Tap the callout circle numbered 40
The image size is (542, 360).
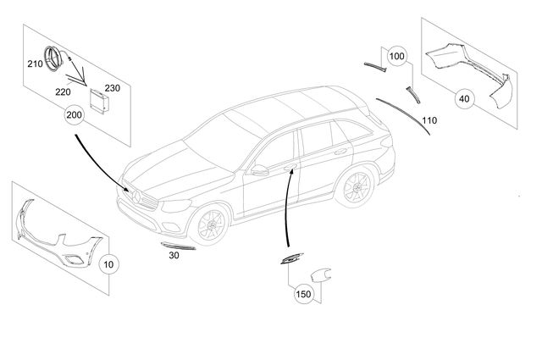[463, 99]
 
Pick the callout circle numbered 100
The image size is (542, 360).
[397, 57]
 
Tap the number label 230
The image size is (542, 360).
[113, 87]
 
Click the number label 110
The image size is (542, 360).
[429, 121]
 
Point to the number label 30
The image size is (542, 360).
[174, 254]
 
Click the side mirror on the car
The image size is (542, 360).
[259, 171]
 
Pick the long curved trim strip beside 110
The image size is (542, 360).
[402, 113]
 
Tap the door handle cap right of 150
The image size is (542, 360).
[320, 274]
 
